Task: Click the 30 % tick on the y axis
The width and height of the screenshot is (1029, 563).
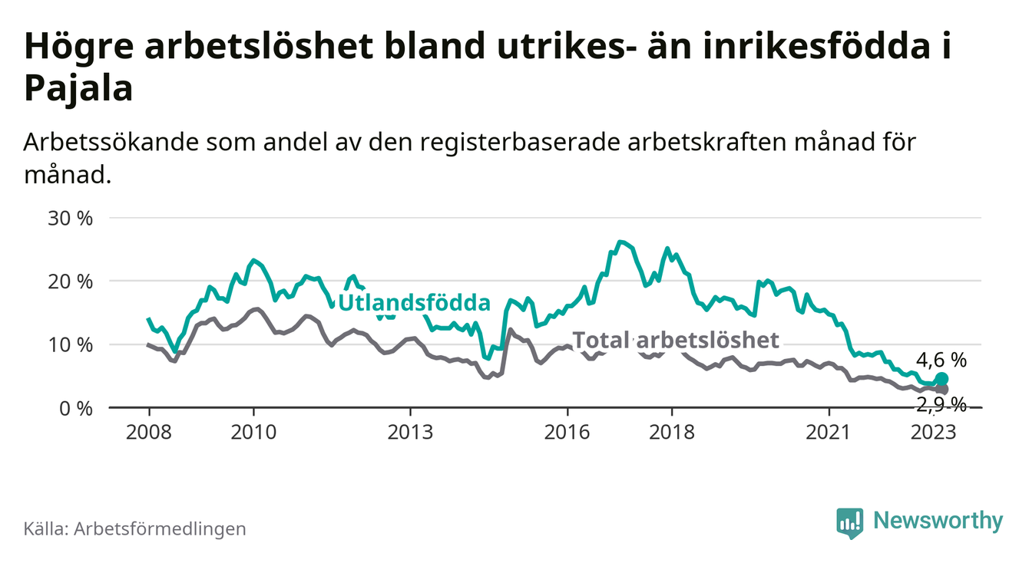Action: click(71, 219)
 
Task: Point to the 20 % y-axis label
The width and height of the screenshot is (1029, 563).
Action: click(71, 281)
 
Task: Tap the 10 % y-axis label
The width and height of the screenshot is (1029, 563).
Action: click(71, 344)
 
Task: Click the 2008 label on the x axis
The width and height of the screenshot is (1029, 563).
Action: click(149, 432)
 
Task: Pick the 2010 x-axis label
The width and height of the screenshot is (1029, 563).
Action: click(253, 432)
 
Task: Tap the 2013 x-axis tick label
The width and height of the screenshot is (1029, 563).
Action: click(411, 432)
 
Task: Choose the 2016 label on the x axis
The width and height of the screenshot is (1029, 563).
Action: click(567, 432)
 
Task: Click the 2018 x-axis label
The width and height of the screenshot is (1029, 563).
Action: click(672, 432)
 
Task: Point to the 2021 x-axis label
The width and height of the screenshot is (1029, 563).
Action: click(829, 432)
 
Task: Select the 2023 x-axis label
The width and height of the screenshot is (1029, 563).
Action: click(934, 432)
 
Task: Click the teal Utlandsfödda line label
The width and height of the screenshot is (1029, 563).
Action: click(414, 303)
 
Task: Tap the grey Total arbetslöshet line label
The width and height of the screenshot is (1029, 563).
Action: click(677, 341)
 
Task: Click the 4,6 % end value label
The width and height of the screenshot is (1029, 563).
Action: click(941, 359)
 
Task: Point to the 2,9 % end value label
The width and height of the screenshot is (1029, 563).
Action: click(941, 404)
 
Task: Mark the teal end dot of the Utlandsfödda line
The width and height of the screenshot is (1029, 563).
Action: click(941, 379)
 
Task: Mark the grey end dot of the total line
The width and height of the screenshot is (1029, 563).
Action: click(941, 390)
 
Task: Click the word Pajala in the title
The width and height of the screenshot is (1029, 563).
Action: click(78, 89)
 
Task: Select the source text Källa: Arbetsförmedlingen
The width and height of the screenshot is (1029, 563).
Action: click(135, 528)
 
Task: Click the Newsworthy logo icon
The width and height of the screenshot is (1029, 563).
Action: click(849, 522)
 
